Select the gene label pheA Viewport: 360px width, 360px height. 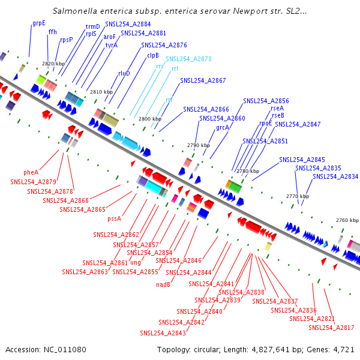point(31,172)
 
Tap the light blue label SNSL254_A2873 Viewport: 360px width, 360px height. point(188,59)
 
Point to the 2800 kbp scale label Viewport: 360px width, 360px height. point(150,119)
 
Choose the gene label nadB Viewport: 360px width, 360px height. point(163,284)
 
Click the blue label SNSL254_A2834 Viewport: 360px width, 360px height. point(335,176)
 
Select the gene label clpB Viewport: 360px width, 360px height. point(152,55)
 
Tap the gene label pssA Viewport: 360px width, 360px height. point(115,219)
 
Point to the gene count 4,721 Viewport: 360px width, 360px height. point(343,349)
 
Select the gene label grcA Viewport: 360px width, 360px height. point(223,127)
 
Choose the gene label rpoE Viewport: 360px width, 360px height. point(266,123)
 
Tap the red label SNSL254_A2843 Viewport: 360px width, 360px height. point(163,333)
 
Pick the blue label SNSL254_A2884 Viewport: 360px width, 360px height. point(128,24)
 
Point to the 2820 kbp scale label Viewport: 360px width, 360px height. point(53,63)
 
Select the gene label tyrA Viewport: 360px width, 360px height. point(111,45)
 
